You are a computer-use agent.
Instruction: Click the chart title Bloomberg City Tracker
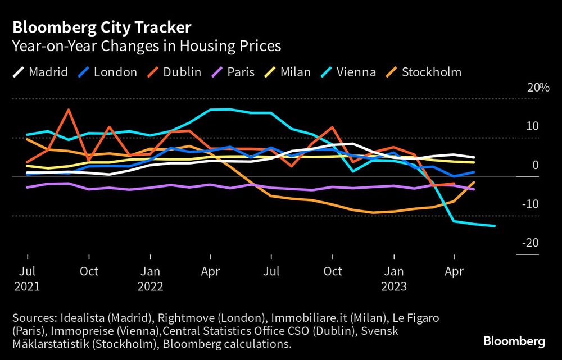(x=102, y=28)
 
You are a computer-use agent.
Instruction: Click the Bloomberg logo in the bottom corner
(x=514, y=341)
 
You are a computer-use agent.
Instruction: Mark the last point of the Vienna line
(x=495, y=226)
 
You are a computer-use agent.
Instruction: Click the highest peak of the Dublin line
(x=69, y=110)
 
